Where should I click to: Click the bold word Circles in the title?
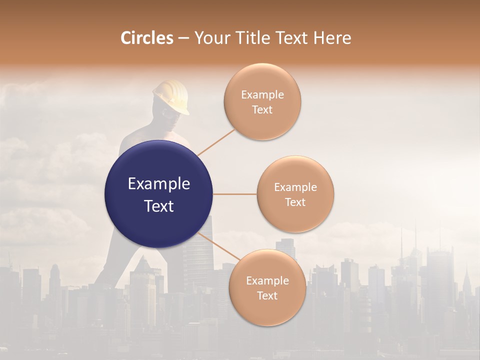(146, 38)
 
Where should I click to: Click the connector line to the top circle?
(216, 142)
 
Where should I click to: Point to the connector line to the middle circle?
(234, 194)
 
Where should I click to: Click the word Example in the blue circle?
(158, 184)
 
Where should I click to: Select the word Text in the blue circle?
(158, 206)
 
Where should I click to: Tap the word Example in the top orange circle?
(262, 95)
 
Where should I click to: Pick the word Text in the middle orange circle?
(295, 202)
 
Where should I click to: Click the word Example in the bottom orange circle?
(267, 281)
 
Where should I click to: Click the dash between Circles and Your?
(183, 38)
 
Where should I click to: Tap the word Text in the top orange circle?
(262, 109)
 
